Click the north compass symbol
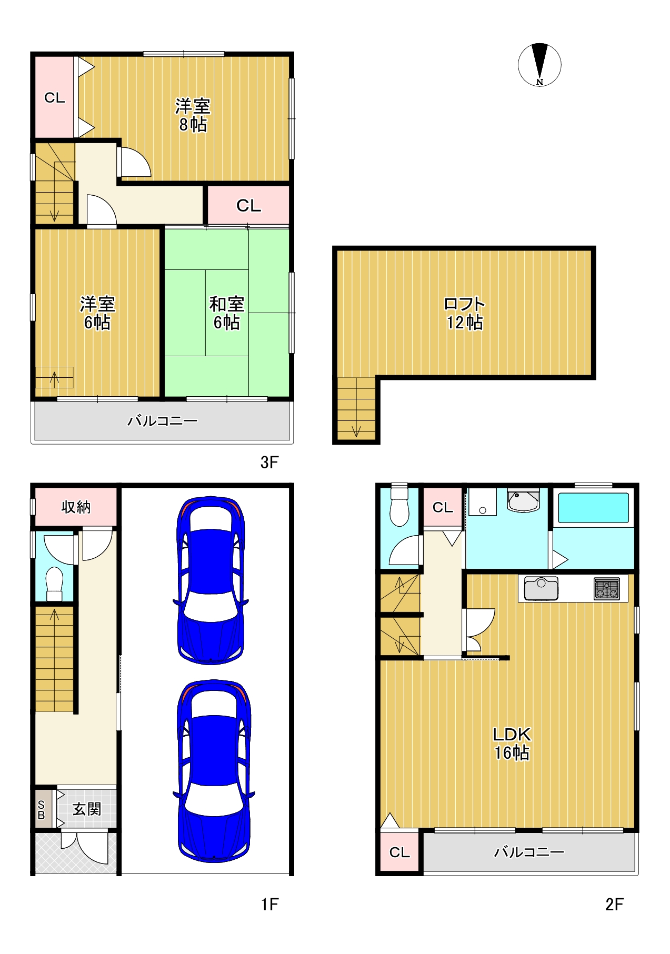click(x=539, y=65)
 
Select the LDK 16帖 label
click(x=512, y=743)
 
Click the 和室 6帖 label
click(x=227, y=313)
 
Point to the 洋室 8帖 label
click(x=193, y=115)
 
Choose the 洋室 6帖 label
click(x=97, y=313)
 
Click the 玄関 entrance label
click(x=87, y=809)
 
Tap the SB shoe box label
click(x=42, y=810)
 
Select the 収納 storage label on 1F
click(x=76, y=507)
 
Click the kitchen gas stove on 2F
click(x=607, y=589)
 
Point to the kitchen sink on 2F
click(x=541, y=588)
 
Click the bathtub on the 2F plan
click(x=593, y=507)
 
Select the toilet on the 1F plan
click(x=54, y=584)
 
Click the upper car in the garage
click(x=211, y=580)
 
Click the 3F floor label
click(x=269, y=462)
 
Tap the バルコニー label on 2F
click(x=529, y=852)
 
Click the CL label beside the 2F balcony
click(x=399, y=852)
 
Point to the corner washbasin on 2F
click(x=523, y=500)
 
